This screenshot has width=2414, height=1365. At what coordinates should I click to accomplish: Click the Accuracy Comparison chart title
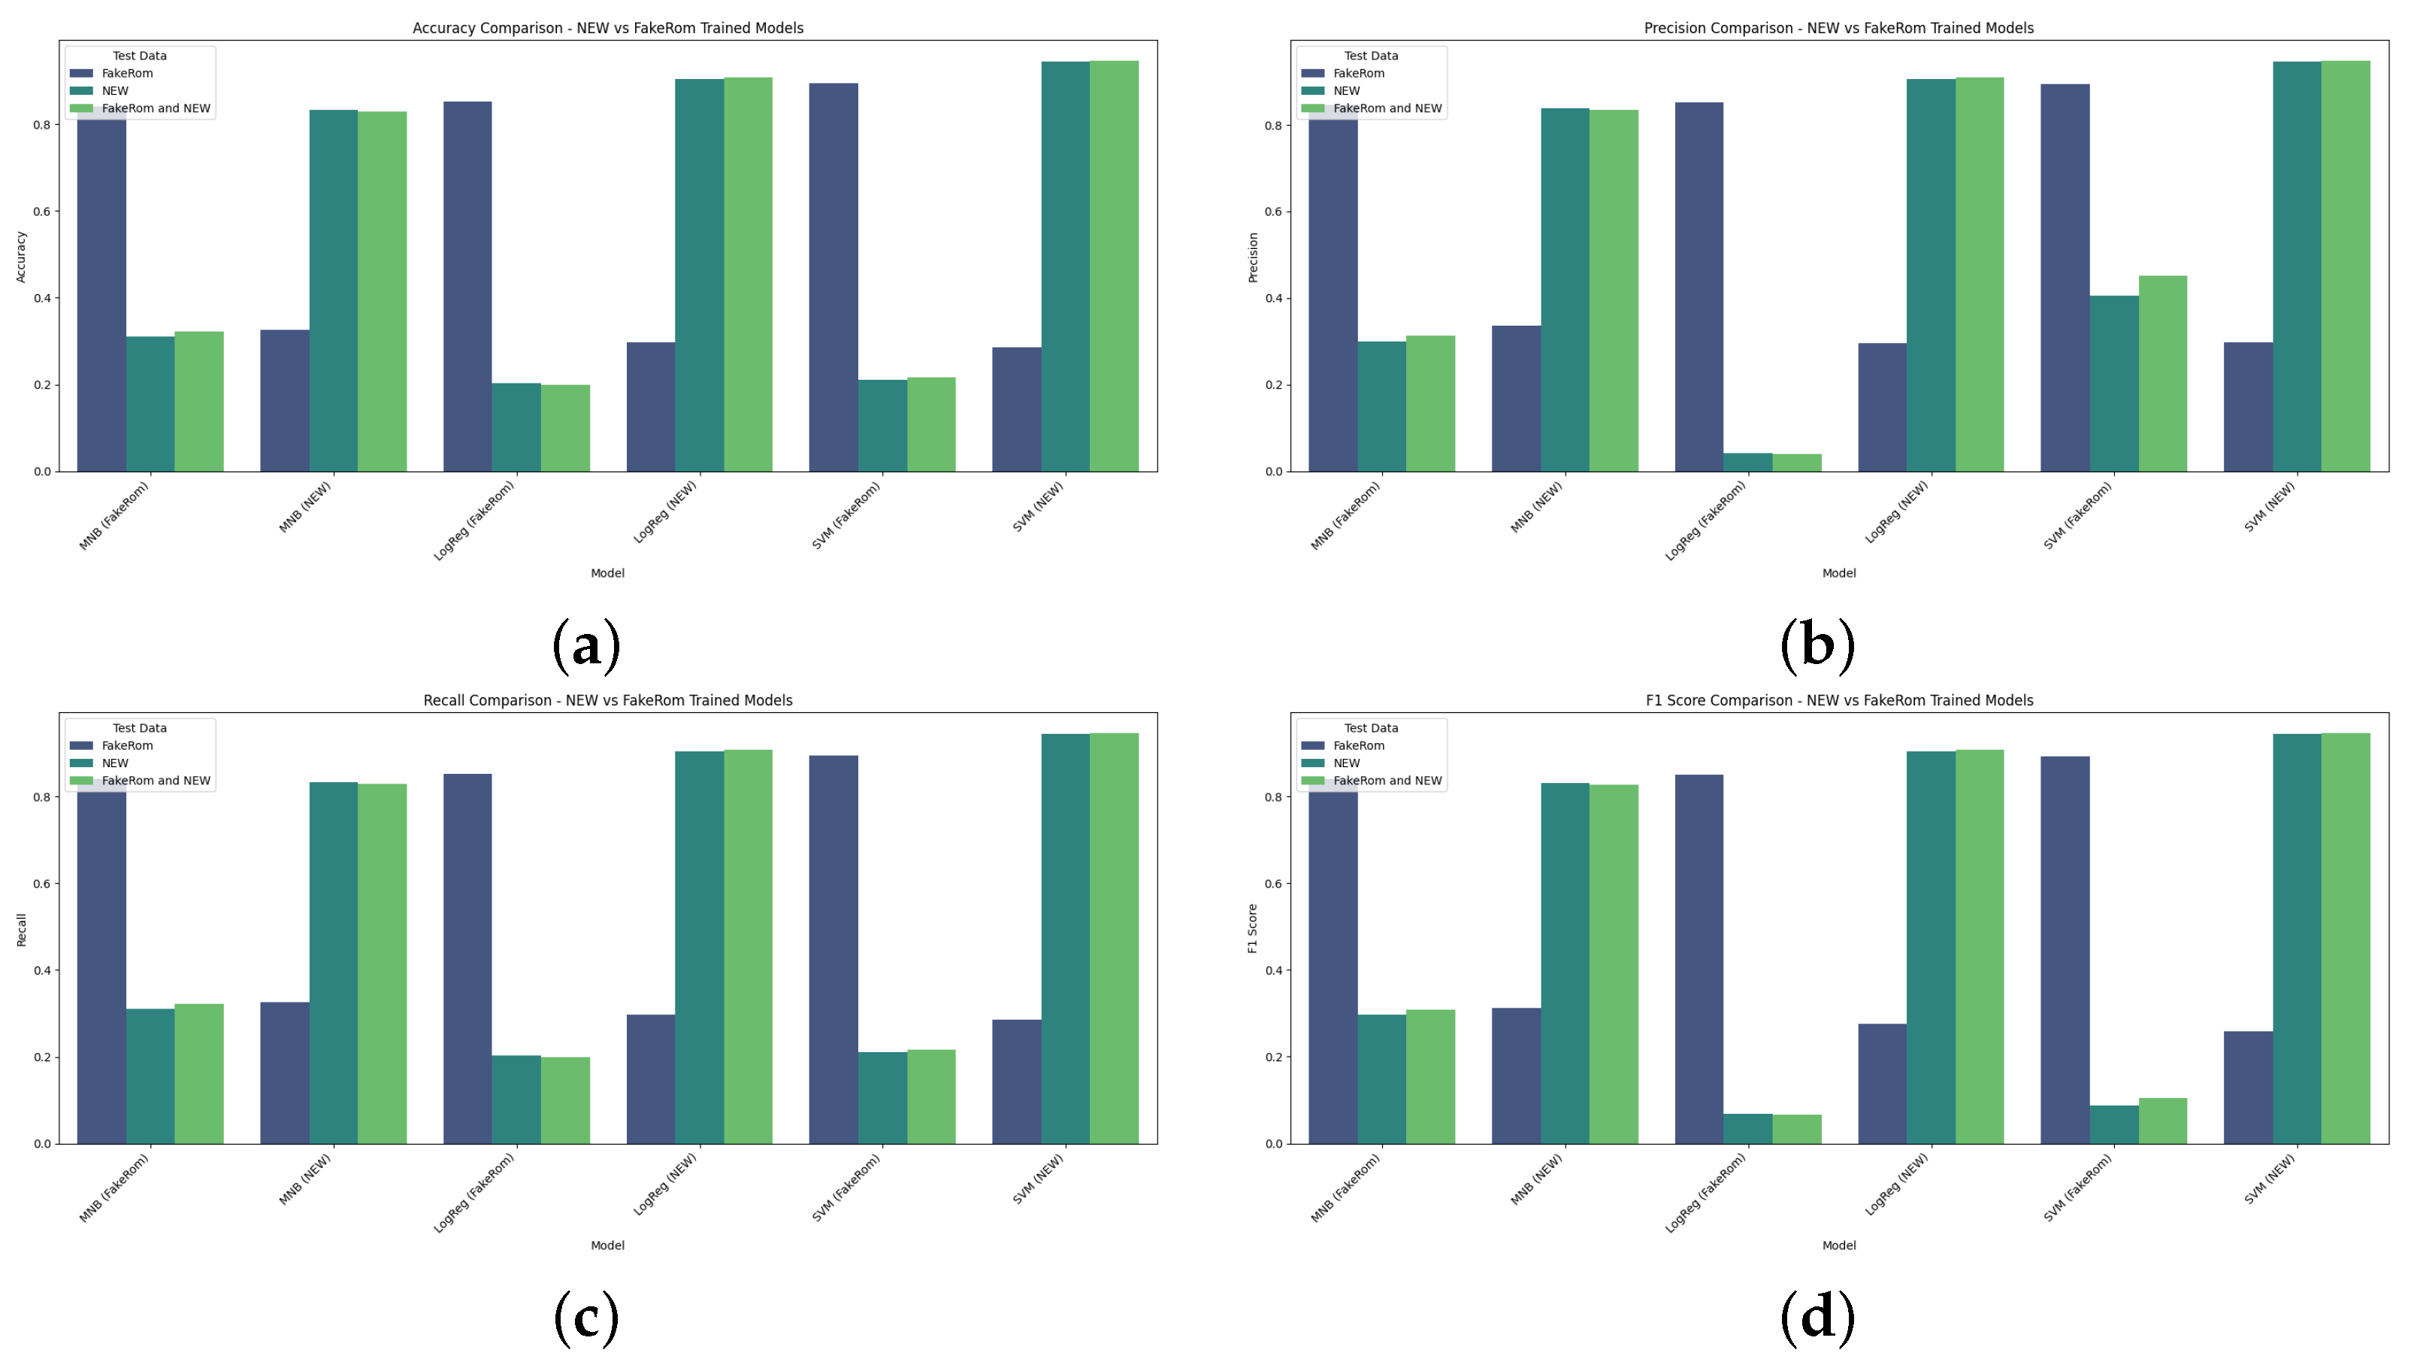pyautogui.click(x=607, y=28)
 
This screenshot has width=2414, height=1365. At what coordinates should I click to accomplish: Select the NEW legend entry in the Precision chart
pyautogui.click(x=1346, y=91)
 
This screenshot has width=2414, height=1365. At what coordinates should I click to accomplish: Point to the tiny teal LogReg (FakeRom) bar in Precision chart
pyautogui.click(x=1747, y=463)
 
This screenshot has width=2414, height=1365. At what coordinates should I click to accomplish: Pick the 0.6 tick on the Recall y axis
pyautogui.click(x=42, y=883)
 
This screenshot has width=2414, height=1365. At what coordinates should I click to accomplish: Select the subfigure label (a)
pyautogui.click(x=585, y=646)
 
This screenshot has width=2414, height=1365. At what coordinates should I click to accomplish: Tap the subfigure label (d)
pyautogui.click(x=1816, y=1317)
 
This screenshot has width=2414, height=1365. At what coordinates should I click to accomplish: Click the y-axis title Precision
pyautogui.click(x=1253, y=257)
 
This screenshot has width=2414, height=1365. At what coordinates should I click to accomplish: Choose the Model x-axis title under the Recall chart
pyautogui.click(x=607, y=1245)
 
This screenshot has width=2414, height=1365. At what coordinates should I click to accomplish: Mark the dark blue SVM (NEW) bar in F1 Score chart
pyautogui.click(x=2247, y=1087)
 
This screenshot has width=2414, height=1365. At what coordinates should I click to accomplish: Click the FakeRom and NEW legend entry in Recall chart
pyautogui.click(x=156, y=780)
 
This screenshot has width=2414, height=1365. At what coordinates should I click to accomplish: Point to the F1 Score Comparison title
pyautogui.click(x=1838, y=700)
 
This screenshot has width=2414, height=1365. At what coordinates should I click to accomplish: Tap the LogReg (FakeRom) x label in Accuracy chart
pyautogui.click(x=474, y=521)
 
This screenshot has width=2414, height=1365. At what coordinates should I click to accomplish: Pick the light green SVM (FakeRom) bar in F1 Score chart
pyautogui.click(x=2162, y=1121)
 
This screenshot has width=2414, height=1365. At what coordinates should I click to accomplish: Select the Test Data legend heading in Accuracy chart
pyautogui.click(x=140, y=56)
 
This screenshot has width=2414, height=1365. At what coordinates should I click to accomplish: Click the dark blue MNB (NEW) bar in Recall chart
pyautogui.click(x=284, y=1072)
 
